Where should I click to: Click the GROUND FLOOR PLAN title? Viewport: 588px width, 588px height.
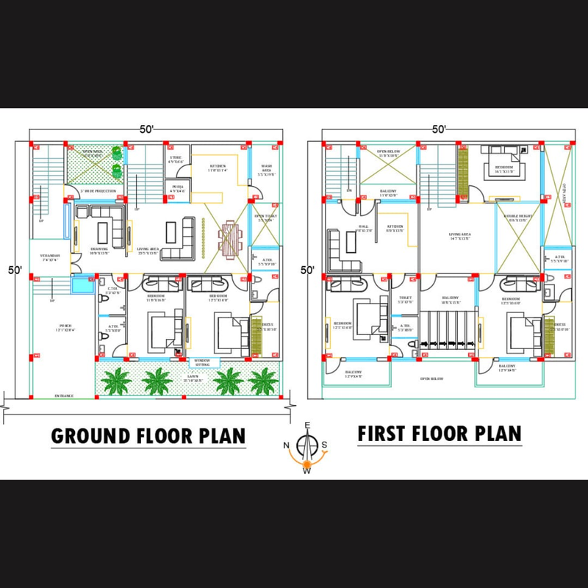click(148, 436)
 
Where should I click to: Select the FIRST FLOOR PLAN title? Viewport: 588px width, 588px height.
click(440, 433)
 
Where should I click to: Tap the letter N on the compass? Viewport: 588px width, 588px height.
click(287, 445)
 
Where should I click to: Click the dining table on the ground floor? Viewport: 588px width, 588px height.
click(229, 237)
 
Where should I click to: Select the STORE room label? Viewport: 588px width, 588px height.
click(176, 158)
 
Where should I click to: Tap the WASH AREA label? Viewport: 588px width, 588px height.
click(266, 168)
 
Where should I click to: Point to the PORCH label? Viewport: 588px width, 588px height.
click(65, 326)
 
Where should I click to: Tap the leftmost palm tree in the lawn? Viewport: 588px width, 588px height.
click(116, 381)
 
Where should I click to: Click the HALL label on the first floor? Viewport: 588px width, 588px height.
click(363, 227)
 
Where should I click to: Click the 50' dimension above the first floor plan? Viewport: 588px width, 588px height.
click(440, 129)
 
